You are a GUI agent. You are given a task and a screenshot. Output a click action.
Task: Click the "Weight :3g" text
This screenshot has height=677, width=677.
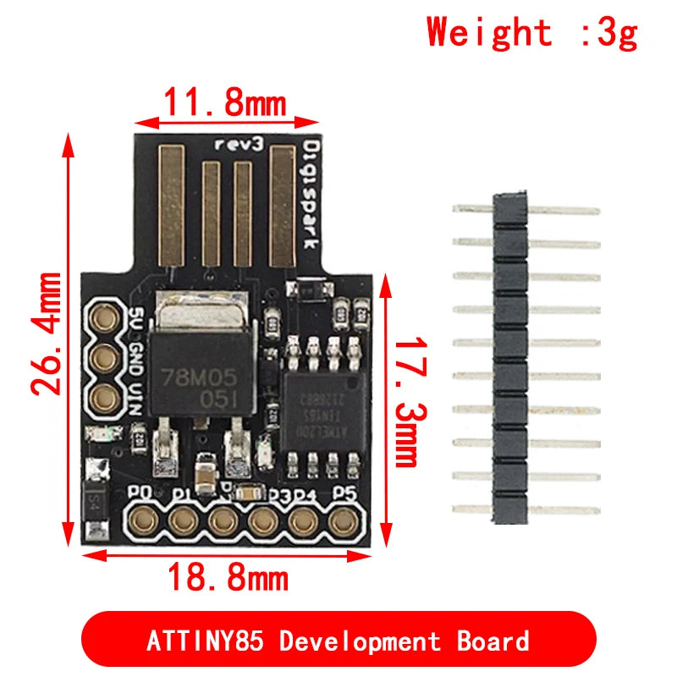531,33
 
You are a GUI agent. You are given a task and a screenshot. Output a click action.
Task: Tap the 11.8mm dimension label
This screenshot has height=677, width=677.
224,104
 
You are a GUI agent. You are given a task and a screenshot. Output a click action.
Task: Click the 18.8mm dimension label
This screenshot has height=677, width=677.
227,579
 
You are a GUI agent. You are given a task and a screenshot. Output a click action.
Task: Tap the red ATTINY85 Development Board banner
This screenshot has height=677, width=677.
338,640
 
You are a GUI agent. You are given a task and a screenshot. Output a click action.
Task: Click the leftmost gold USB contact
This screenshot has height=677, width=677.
173,203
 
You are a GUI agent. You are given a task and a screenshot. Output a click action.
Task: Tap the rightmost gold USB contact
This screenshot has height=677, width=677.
282,203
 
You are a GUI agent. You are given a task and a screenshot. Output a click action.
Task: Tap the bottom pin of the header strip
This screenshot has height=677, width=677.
525,509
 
